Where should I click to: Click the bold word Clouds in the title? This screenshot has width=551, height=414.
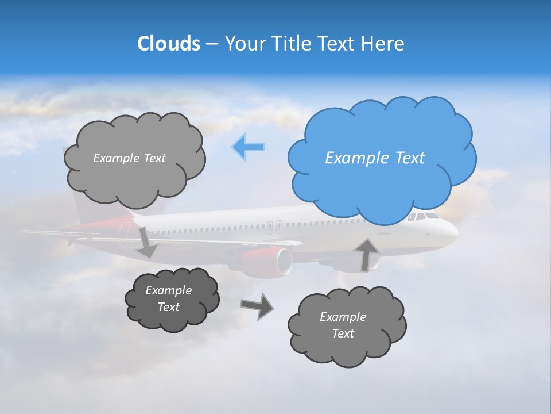tap(169, 44)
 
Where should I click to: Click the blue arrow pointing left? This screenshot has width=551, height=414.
tap(248, 147)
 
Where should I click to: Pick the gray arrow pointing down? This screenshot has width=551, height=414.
tap(146, 242)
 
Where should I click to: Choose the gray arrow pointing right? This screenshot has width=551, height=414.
tap(257, 305)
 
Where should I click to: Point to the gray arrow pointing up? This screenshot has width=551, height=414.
tap(366, 254)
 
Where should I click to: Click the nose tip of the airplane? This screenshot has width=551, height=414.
tap(456, 233)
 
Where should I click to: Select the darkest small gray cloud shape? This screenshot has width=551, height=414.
tap(172, 299)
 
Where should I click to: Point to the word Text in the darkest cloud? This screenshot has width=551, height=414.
tap(169, 307)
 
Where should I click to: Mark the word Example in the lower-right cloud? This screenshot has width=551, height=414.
tap(343, 317)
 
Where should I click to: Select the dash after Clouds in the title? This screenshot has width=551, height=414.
tap(211, 44)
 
